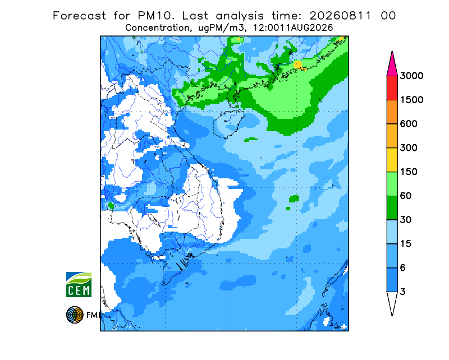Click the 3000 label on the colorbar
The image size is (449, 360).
[411, 76]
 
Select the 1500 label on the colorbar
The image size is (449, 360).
[411, 100]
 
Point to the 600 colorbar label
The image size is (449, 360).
[409, 124]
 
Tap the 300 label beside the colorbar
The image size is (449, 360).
[409, 148]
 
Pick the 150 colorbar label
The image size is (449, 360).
[409, 172]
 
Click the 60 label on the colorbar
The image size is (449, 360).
[406, 196]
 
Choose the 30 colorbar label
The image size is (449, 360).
[406, 220]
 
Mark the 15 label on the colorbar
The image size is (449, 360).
[406, 244]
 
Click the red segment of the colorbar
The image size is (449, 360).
[392, 88]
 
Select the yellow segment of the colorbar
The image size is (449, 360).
[392, 160]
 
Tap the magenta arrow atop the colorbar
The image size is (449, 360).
[392, 64]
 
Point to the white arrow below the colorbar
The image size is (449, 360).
[392, 303]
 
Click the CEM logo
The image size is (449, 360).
[79, 284]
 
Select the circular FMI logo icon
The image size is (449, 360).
[75, 315]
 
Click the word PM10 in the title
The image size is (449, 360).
[156, 16]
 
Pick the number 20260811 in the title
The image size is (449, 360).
[341, 16]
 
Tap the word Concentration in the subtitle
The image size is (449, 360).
[157, 28]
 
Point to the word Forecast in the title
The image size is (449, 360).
[79, 16]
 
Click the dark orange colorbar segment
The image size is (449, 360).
[392, 112]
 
